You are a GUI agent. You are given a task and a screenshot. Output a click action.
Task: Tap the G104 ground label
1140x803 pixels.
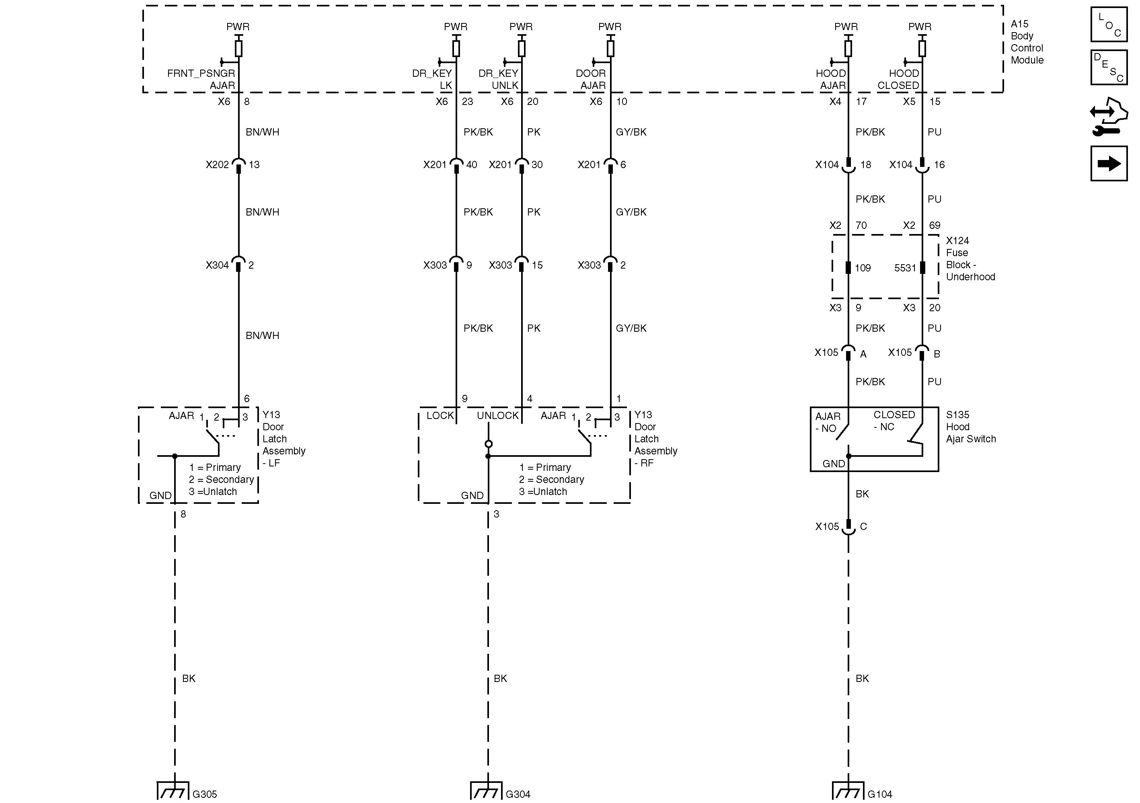click(880, 794)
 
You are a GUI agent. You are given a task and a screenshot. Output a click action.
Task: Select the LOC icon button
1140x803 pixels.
click(1109, 25)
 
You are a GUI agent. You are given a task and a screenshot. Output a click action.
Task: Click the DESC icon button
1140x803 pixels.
click(1109, 68)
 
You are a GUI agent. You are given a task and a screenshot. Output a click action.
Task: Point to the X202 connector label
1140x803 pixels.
click(217, 165)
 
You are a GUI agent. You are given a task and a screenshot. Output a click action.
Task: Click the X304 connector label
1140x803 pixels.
click(217, 265)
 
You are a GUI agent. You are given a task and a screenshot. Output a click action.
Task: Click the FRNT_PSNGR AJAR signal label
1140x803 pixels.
click(201, 80)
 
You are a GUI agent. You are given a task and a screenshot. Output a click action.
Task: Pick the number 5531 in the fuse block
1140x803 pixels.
click(905, 268)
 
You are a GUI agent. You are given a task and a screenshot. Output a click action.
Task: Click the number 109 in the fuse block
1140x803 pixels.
click(863, 268)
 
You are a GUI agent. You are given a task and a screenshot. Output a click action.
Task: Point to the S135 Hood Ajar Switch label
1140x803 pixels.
click(970, 427)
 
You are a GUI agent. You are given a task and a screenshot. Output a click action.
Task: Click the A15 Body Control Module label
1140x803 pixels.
click(1026, 42)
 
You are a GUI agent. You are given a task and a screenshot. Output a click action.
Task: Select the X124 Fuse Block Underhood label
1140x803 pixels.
click(970, 259)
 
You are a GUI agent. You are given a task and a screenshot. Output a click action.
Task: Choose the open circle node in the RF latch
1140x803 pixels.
click(488, 444)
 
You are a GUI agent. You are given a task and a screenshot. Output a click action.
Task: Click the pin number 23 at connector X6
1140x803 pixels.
click(467, 102)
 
